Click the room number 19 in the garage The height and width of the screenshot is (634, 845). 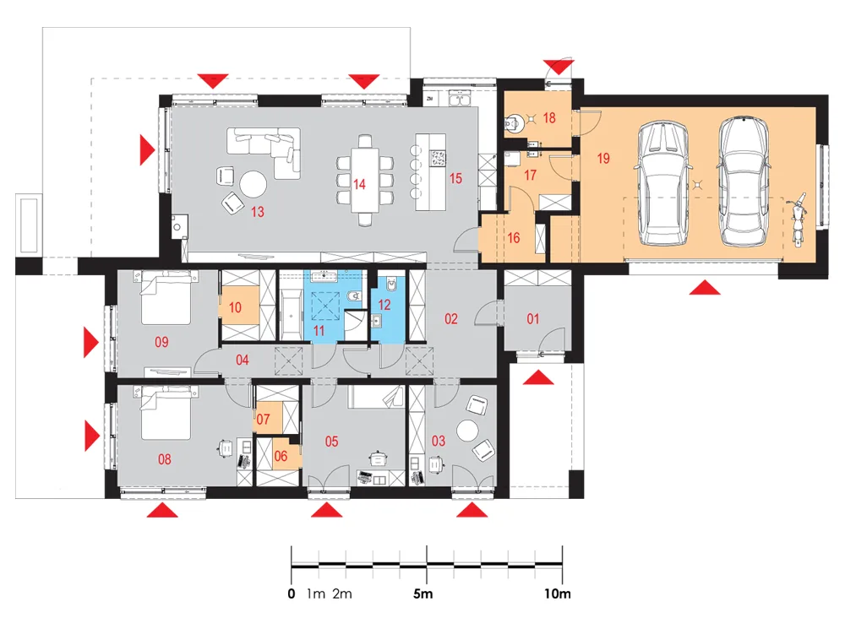[x=603, y=158]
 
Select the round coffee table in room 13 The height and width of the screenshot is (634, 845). [x=253, y=184]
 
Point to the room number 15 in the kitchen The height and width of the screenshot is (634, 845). [x=456, y=178]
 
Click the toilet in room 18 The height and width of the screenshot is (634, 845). [x=514, y=124]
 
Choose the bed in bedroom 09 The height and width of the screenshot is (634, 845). [x=166, y=298]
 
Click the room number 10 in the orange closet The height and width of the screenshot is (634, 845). [x=235, y=307]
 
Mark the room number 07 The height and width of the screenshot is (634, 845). [x=263, y=419]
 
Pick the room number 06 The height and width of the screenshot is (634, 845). [x=281, y=457]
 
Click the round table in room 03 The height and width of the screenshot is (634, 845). [x=468, y=431]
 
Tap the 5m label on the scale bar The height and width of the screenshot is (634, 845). [x=423, y=594]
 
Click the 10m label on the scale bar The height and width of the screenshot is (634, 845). [x=557, y=594]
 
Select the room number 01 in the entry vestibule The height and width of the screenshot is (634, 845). [x=533, y=319]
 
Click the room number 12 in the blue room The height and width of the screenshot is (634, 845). [x=384, y=305]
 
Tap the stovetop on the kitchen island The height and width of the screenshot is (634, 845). [x=438, y=158]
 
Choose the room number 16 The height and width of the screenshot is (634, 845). [x=514, y=238]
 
